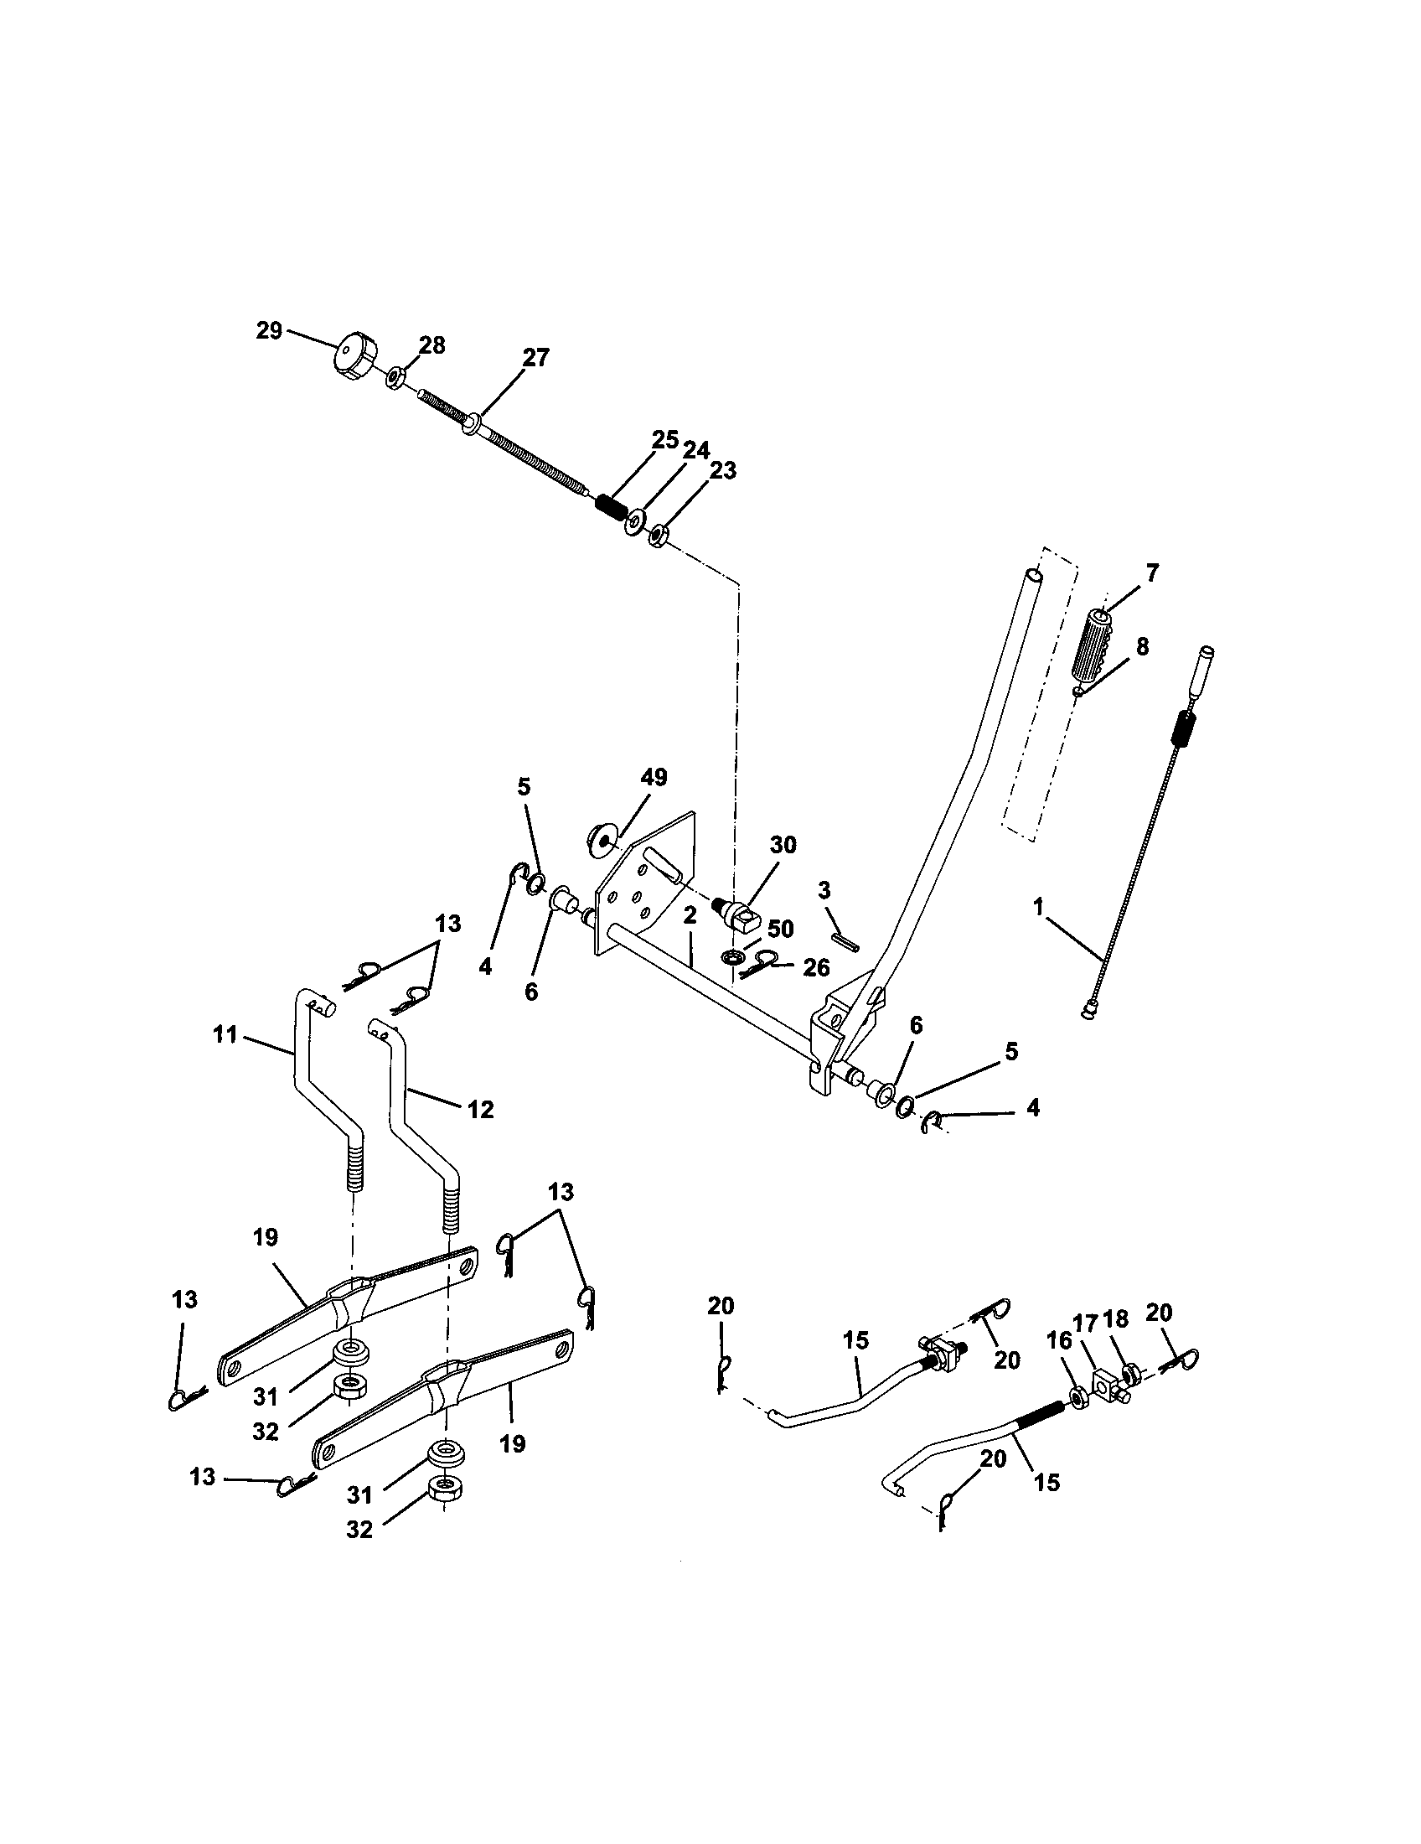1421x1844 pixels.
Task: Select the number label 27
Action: click(535, 358)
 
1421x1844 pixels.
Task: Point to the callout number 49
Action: click(654, 777)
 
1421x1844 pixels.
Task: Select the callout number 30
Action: click(783, 845)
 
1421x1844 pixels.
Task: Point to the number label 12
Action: click(480, 1109)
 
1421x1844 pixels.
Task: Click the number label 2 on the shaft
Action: click(690, 916)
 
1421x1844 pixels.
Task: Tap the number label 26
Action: click(815, 967)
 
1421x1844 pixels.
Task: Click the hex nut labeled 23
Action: click(659, 535)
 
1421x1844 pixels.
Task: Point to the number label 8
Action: click(1142, 647)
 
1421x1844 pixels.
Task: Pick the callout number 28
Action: click(432, 345)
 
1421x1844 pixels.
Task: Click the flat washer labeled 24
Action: click(633, 524)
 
